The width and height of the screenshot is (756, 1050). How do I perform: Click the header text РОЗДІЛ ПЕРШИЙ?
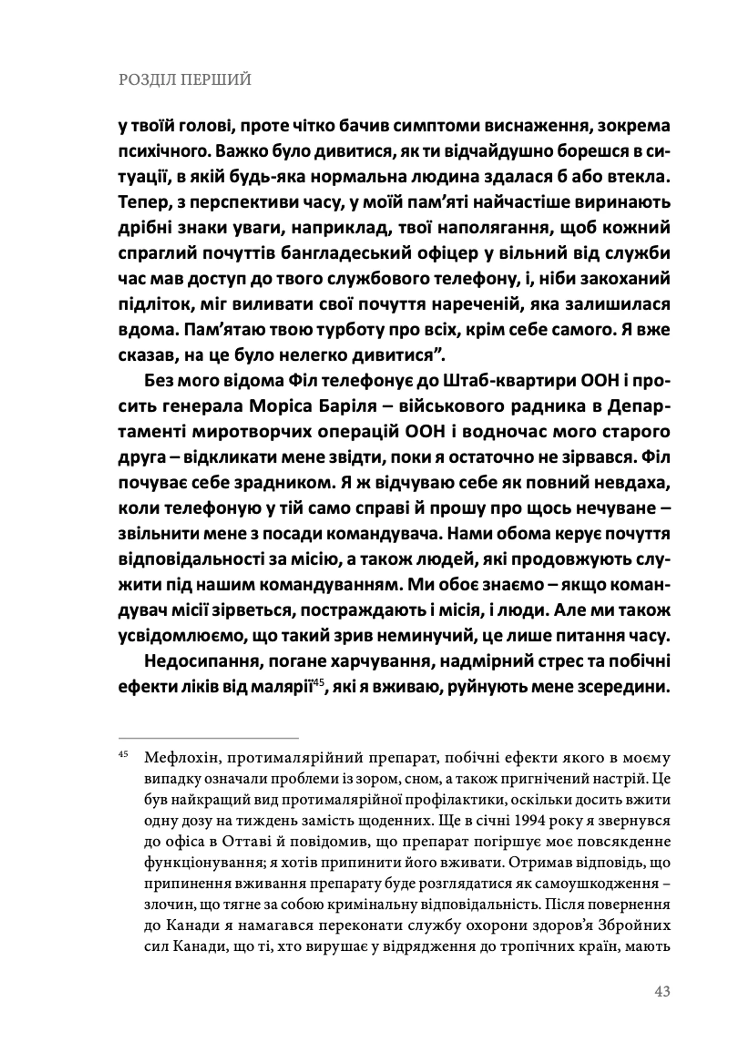[x=185, y=80]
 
